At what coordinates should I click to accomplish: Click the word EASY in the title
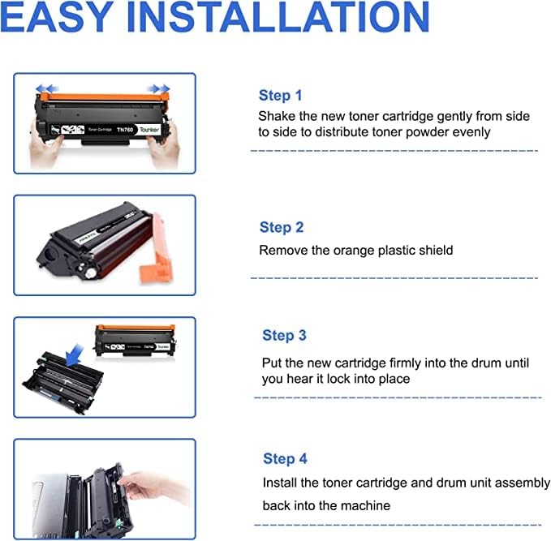(x=56, y=17)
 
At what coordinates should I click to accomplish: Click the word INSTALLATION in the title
(x=278, y=17)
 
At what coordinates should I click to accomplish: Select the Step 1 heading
(x=281, y=96)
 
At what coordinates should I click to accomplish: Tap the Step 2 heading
(x=282, y=227)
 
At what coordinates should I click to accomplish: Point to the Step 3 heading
(x=284, y=336)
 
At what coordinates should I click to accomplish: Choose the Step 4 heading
(x=285, y=459)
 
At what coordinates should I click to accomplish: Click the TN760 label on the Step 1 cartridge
(x=125, y=130)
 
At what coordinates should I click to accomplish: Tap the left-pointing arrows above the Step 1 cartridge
(x=46, y=88)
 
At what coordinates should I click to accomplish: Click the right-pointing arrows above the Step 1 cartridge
(x=159, y=88)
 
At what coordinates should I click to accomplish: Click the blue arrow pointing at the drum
(x=75, y=355)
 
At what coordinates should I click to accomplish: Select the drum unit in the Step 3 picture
(x=63, y=383)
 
